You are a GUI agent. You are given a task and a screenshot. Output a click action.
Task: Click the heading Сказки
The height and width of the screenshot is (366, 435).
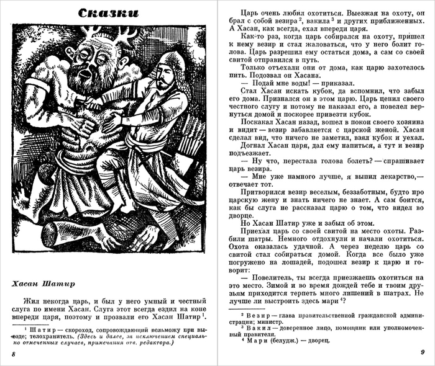(109, 13)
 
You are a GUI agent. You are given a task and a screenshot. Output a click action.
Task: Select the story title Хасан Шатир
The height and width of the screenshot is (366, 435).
(43, 284)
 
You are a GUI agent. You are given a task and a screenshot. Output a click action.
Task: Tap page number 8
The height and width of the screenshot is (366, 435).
(13, 355)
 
